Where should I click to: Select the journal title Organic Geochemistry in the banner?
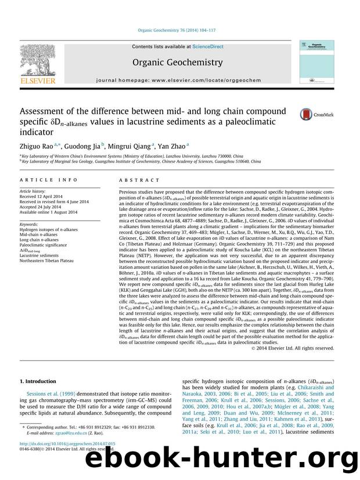pos(178,62)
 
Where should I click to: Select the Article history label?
pos(34,190)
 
